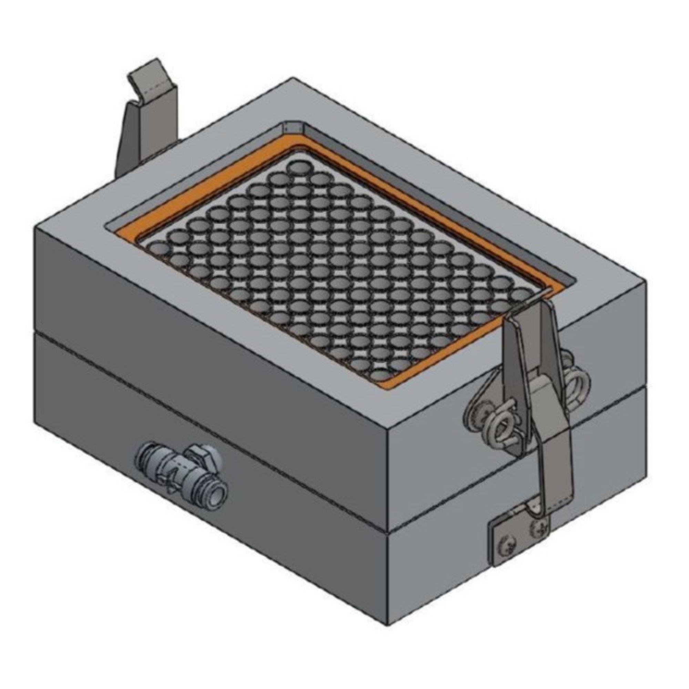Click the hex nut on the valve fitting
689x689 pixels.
pos(203,456)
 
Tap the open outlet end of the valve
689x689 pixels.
pos(217,495)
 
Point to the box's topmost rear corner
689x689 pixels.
pos(292,78)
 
